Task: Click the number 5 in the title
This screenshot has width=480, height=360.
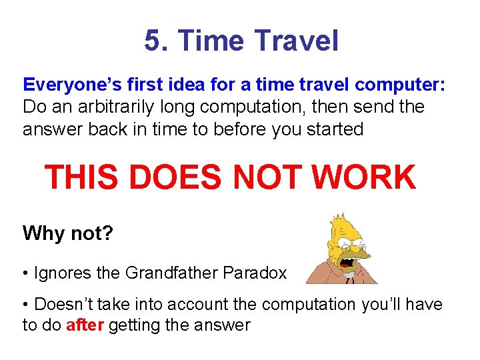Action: [x=153, y=41]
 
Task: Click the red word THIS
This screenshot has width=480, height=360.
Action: [x=81, y=178]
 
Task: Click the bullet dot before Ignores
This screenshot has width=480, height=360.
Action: [x=26, y=273]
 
